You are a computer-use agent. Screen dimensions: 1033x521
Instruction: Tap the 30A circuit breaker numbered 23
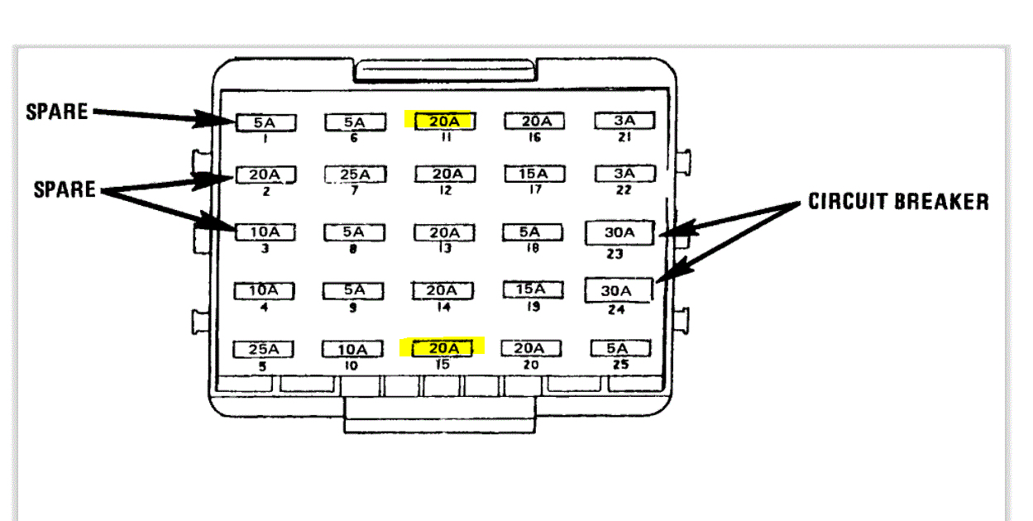click(x=619, y=233)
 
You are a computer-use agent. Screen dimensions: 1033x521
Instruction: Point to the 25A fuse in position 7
click(x=354, y=175)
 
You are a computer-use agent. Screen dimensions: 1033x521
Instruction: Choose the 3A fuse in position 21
click(x=624, y=121)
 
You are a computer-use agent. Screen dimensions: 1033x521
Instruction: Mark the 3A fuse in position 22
click(x=624, y=174)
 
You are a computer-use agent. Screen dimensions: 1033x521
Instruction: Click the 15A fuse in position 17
click(x=534, y=174)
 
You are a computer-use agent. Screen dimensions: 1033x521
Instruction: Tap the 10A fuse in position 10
click(x=352, y=350)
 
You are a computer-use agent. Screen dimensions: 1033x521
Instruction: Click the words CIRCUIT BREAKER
click(x=898, y=201)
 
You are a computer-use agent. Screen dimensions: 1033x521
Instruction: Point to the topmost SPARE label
click(x=57, y=112)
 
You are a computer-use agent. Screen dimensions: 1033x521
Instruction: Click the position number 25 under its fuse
click(x=621, y=365)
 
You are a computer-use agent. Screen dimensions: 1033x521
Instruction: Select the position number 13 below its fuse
click(x=445, y=249)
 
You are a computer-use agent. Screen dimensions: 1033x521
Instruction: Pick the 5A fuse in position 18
click(x=530, y=233)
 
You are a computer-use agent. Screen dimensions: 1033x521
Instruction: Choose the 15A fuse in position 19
click(x=532, y=289)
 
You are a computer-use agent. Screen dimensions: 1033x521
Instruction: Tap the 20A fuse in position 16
click(x=534, y=122)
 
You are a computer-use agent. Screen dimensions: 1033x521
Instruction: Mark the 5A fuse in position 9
click(x=352, y=291)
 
